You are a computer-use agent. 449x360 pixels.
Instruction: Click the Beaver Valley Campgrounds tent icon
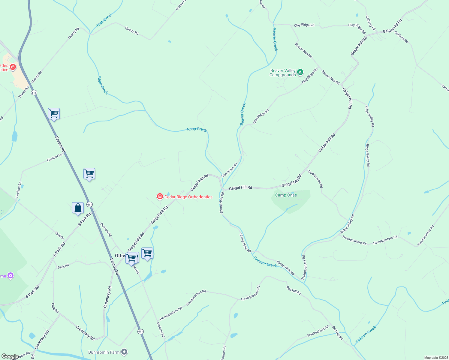(300, 72)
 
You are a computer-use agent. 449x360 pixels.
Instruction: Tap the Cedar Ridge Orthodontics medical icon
(160, 197)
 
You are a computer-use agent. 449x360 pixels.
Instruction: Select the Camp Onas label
(286, 195)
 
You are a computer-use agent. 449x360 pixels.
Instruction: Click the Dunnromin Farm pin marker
(124, 352)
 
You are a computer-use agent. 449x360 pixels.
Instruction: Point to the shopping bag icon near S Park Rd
(78, 208)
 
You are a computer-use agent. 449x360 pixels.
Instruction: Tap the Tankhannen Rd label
(315, 179)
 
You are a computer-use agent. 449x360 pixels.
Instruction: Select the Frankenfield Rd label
(318, 331)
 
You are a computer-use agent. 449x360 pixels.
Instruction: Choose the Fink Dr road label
(59, 235)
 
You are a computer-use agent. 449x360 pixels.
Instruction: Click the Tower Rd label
(24, 92)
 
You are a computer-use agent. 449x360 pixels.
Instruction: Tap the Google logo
(10, 356)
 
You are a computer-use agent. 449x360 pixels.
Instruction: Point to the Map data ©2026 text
(436, 358)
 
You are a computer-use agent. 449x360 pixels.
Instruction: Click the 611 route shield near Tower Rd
(34, 92)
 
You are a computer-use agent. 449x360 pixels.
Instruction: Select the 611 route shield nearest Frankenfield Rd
(140, 331)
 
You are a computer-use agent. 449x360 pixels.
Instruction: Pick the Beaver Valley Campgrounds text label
(283, 73)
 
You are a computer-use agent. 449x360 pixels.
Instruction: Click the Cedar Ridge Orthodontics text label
(188, 197)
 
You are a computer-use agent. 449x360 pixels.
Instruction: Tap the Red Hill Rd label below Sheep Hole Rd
(293, 290)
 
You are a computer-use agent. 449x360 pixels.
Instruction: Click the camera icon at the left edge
(11, 275)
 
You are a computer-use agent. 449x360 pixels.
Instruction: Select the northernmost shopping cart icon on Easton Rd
(54, 114)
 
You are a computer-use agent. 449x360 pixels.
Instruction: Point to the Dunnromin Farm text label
(104, 352)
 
